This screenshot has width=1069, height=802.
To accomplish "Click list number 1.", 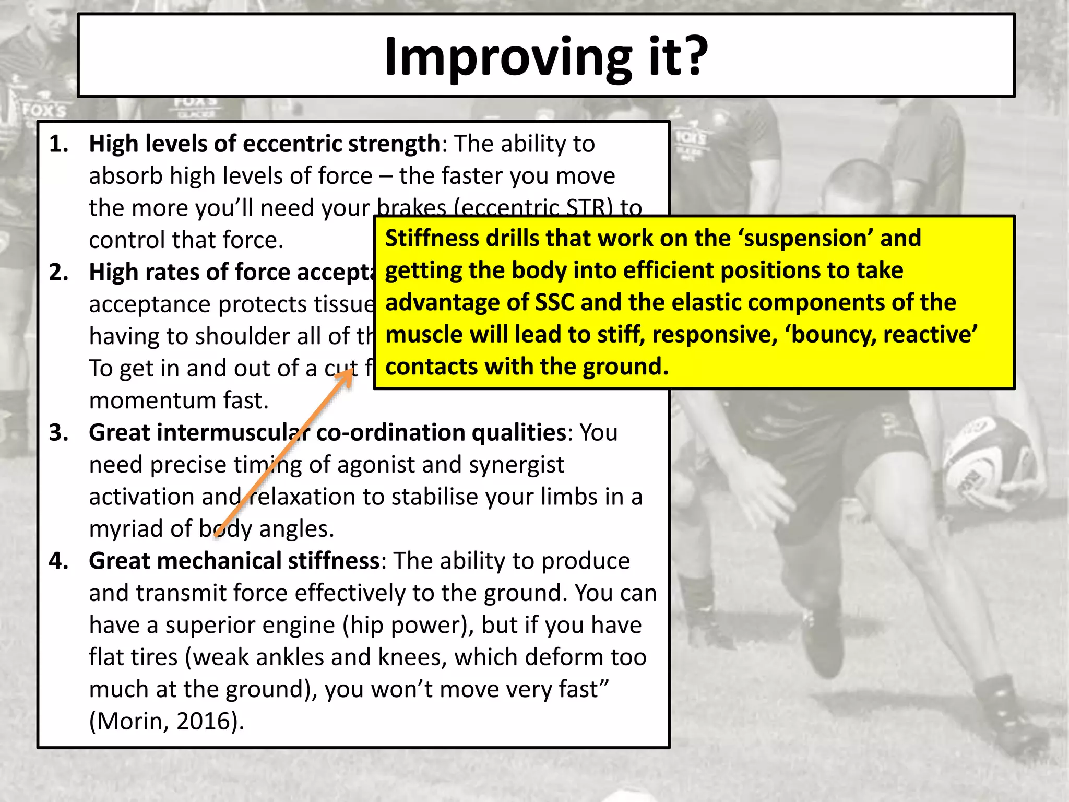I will click(x=59, y=144).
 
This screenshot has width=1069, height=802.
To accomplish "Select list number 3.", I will click(x=59, y=432).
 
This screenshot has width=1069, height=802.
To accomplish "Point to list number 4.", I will click(x=59, y=561).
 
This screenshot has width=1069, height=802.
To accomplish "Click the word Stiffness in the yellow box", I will click(x=432, y=238).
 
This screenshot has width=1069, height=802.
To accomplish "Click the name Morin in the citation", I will click(x=130, y=721).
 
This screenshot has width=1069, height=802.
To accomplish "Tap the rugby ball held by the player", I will click(x=987, y=459).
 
